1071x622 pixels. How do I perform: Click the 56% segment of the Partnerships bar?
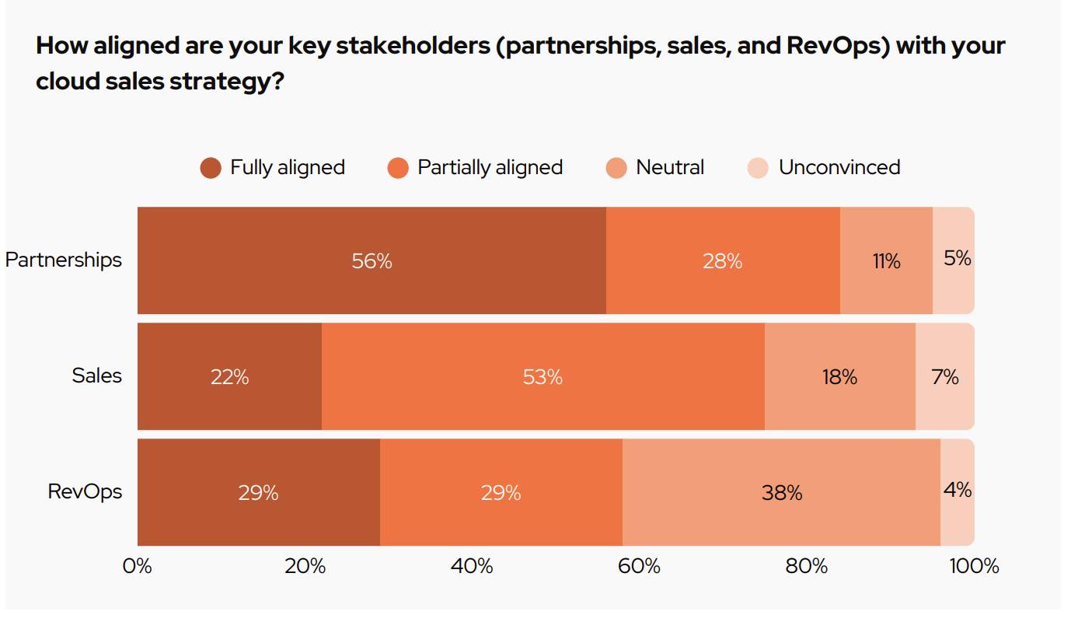(x=372, y=260)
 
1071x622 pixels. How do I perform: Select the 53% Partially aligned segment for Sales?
(x=542, y=377)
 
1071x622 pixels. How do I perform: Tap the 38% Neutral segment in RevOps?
(x=781, y=492)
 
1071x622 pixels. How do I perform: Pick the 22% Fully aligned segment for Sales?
(x=229, y=377)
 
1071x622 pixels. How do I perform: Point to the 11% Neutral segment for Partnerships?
(x=886, y=260)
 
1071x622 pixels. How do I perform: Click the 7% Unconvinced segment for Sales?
(x=944, y=377)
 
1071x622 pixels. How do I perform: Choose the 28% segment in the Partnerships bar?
(x=723, y=260)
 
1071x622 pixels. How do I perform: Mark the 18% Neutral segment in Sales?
(x=839, y=377)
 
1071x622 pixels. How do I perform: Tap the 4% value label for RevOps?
(x=958, y=490)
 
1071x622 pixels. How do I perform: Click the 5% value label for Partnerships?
(x=958, y=258)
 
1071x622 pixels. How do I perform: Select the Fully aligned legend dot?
(x=211, y=168)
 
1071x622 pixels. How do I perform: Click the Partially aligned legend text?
(x=490, y=167)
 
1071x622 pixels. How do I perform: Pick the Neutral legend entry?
(x=669, y=167)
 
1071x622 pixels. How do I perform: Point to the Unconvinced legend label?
(x=839, y=167)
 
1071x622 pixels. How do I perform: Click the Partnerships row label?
(x=64, y=260)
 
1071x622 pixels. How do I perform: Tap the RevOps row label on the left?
(x=85, y=491)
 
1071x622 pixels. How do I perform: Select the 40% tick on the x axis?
(x=472, y=566)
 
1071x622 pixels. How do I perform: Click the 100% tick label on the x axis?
(x=974, y=566)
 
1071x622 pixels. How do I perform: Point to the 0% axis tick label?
(x=138, y=566)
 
